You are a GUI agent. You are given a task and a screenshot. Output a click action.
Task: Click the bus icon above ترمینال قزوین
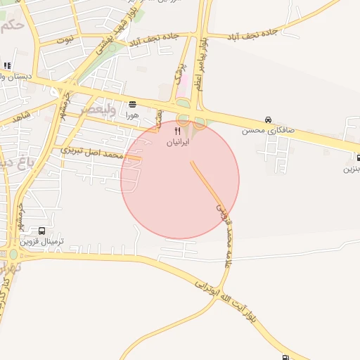pyautogui.click(x=42, y=231)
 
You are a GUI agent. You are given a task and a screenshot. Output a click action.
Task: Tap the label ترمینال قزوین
pyautogui.click(x=42, y=241)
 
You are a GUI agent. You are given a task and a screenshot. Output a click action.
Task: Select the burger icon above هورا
pyautogui.click(x=133, y=103)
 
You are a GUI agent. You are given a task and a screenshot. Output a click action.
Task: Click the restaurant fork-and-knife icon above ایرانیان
pyautogui.click(x=177, y=131)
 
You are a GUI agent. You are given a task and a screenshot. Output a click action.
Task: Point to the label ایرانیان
pyautogui.click(x=177, y=141)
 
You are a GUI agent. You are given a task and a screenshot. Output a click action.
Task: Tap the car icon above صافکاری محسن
pyautogui.click(x=268, y=120)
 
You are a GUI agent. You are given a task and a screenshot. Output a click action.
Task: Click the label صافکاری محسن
pyautogui.click(x=264, y=130)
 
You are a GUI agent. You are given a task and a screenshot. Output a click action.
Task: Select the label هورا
pyautogui.click(x=133, y=114)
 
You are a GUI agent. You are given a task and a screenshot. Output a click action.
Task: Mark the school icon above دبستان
pyautogui.click(x=7, y=67)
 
